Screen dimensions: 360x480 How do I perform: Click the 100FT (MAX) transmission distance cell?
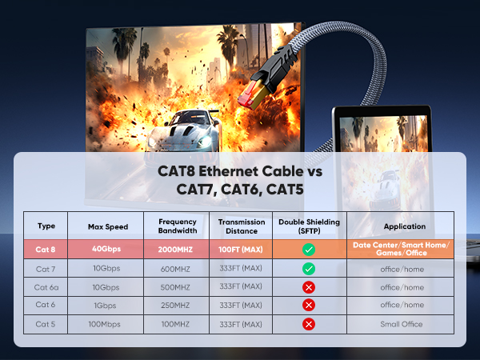click(x=240, y=250)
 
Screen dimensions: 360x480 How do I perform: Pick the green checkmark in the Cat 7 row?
click(x=308, y=269)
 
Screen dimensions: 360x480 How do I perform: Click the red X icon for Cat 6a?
click(x=308, y=287)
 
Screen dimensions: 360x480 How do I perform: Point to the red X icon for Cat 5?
click(x=308, y=324)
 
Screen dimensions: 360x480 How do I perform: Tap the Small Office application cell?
click(x=402, y=324)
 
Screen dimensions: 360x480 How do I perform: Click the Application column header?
click(x=402, y=226)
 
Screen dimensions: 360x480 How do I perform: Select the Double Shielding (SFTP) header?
click(x=308, y=226)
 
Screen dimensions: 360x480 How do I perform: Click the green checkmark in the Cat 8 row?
click(x=308, y=250)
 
